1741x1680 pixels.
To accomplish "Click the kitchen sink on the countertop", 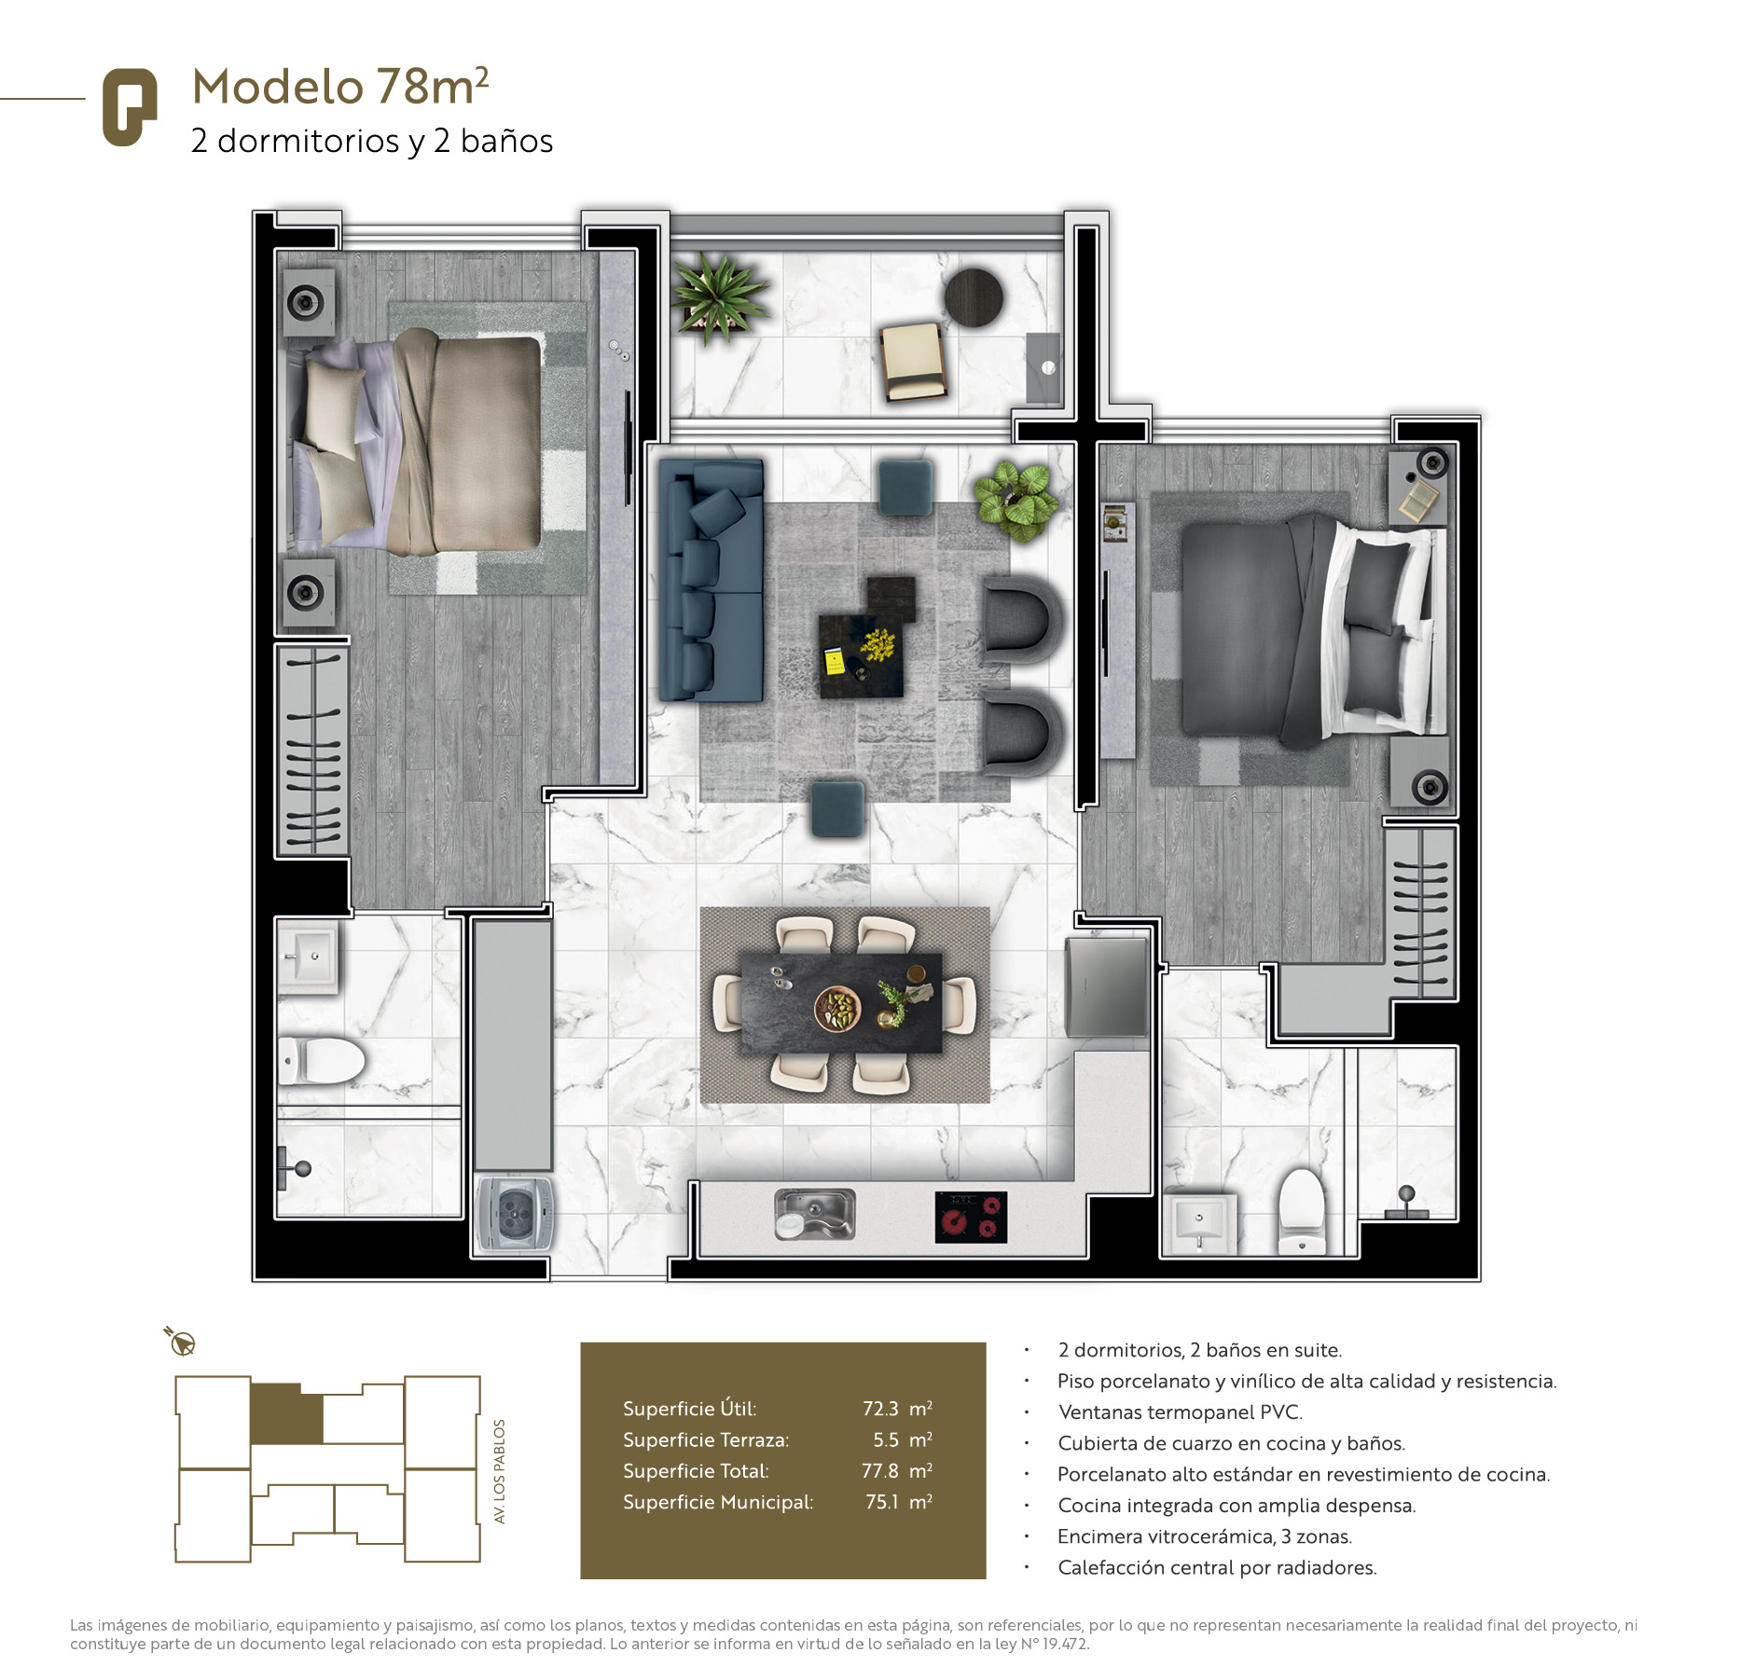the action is (x=814, y=1214).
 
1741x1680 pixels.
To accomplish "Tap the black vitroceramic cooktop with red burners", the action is (x=971, y=1218).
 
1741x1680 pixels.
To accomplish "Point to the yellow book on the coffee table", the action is (x=835, y=662).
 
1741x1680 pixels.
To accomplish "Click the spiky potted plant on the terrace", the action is (x=720, y=296).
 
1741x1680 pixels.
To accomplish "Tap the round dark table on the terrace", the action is (x=974, y=297).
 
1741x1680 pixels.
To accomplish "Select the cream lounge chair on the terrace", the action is (x=913, y=362).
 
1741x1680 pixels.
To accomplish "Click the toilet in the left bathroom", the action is (x=322, y=1060).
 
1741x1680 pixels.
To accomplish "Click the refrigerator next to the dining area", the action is (x=1107, y=986).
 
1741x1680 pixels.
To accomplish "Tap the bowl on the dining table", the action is (x=837, y=1009).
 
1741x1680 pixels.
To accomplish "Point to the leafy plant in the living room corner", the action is (x=1016, y=500).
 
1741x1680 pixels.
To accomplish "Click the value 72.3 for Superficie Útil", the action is (x=880, y=1409).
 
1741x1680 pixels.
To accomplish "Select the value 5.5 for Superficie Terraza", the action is (x=886, y=1439).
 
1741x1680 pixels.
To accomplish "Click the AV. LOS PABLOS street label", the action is (x=499, y=1471).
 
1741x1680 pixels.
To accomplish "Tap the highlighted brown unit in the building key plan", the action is (x=286, y=1413).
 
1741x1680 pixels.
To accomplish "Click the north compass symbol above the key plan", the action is (x=181, y=1342).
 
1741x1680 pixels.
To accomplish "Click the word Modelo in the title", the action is (x=277, y=87).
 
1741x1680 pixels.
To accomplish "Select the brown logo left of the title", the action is (x=129, y=107).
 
